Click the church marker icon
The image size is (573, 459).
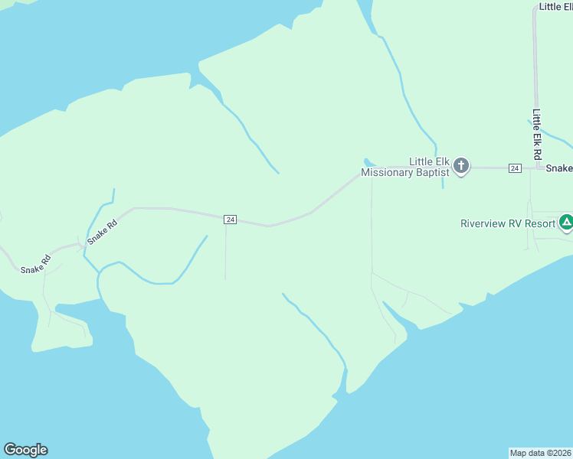point(461,166)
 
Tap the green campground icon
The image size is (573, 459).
point(566,223)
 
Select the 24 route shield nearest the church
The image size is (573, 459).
point(515,168)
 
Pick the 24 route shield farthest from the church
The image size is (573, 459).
point(230,220)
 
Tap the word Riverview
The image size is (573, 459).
point(486,224)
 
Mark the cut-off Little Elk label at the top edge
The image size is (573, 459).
point(555,6)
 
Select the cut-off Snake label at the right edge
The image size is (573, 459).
point(559,168)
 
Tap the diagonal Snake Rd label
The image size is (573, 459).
point(102,232)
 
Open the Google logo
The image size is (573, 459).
point(25,450)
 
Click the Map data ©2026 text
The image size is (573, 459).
point(540,452)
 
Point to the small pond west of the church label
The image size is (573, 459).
point(368,162)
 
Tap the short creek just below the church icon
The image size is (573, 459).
point(443,182)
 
